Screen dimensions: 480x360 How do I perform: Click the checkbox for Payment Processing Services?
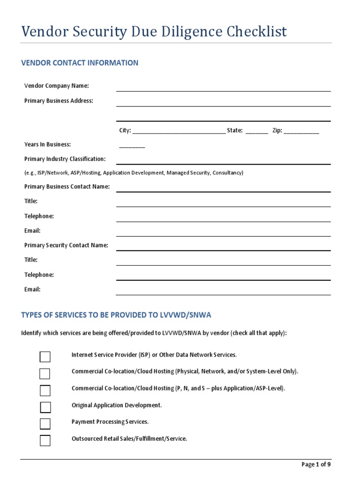(x=45, y=424)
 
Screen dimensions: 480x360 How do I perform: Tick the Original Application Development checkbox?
(x=45, y=407)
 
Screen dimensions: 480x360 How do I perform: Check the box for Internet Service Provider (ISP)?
(x=45, y=357)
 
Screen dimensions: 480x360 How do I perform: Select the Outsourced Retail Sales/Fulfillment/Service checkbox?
(x=45, y=441)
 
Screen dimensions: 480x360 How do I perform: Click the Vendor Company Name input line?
(x=223, y=88)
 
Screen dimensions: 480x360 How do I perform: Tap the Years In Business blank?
(x=132, y=146)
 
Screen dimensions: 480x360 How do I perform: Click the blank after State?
(x=256, y=132)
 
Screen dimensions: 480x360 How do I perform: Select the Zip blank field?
(x=301, y=132)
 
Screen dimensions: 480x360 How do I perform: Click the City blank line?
(x=179, y=132)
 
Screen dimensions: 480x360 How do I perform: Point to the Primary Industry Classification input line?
(x=223, y=161)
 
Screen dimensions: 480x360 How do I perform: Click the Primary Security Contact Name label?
(x=66, y=245)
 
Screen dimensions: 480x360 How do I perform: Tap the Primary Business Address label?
(x=59, y=101)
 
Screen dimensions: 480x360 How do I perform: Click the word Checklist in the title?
(x=257, y=32)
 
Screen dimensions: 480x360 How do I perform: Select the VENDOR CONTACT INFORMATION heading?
(x=80, y=63)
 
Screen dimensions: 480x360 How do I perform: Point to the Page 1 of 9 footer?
(x=316, y=465)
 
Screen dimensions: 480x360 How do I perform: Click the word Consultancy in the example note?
(x=227, y=173)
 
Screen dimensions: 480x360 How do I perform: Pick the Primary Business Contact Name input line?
(x=223, y=189)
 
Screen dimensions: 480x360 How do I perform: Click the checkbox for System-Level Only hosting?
(x=45, y=374)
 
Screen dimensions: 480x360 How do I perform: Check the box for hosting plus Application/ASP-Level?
(x=45, y=390)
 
